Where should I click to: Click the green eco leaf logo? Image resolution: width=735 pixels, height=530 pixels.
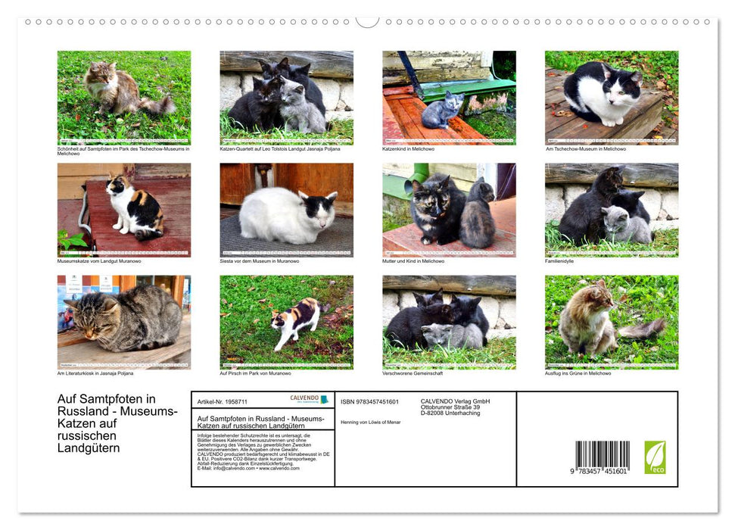coord(655,457)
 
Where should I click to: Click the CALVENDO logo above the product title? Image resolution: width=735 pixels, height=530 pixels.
coord(309,399)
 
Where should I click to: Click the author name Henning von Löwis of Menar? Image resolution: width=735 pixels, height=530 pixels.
coord(371,422)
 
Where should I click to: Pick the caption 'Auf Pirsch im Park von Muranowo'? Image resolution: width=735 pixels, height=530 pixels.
coord(255,373)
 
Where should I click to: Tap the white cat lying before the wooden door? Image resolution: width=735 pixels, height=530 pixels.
coord(286,217)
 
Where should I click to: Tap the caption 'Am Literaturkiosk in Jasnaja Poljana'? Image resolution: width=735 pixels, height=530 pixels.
coord(96,373)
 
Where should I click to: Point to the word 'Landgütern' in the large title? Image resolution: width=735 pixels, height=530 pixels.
coord(89,448)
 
